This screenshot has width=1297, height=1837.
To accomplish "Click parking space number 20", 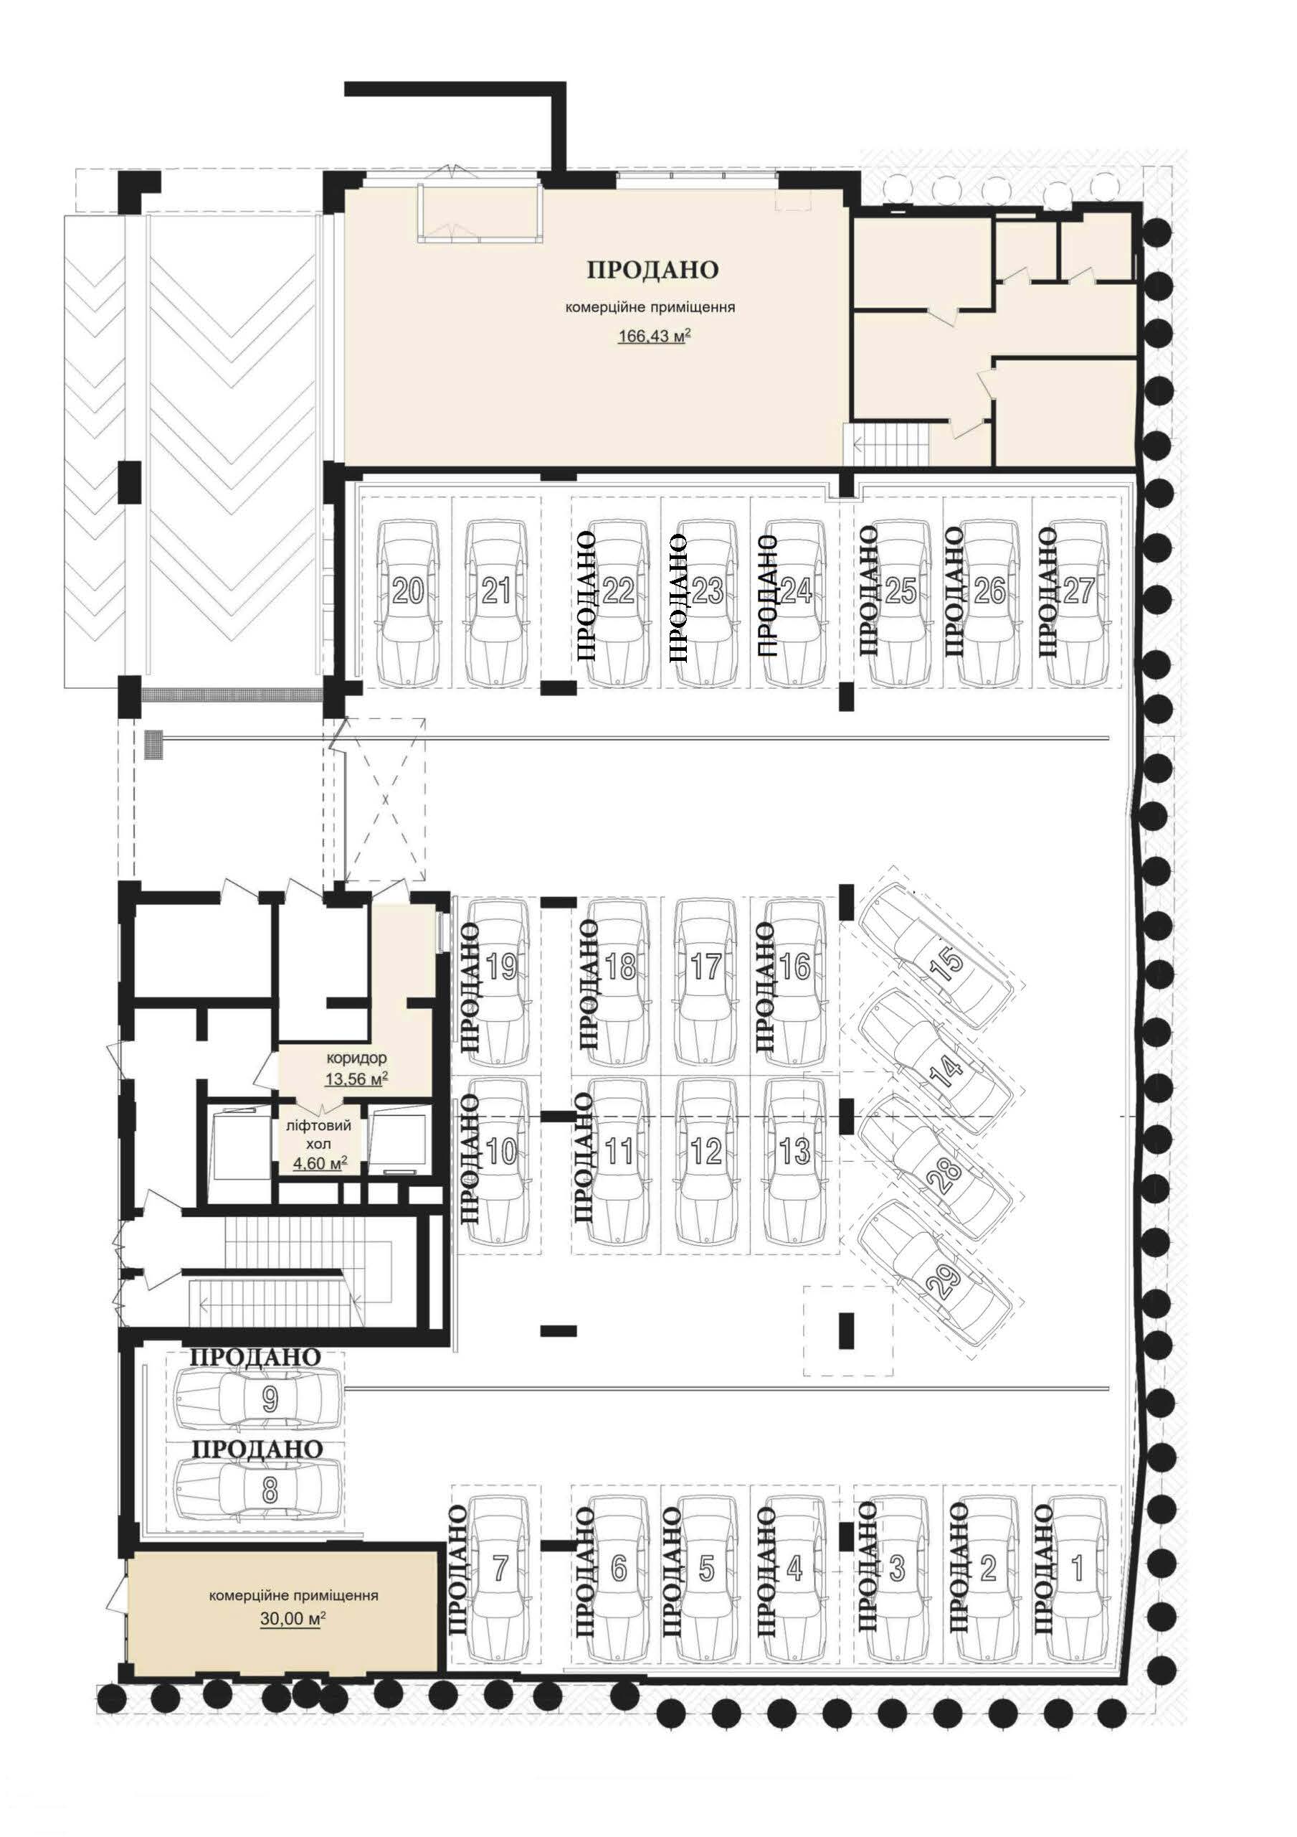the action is [409, 591].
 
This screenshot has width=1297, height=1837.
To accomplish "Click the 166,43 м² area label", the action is [654, 337].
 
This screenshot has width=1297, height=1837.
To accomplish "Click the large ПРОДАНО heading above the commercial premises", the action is [653, 269].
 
